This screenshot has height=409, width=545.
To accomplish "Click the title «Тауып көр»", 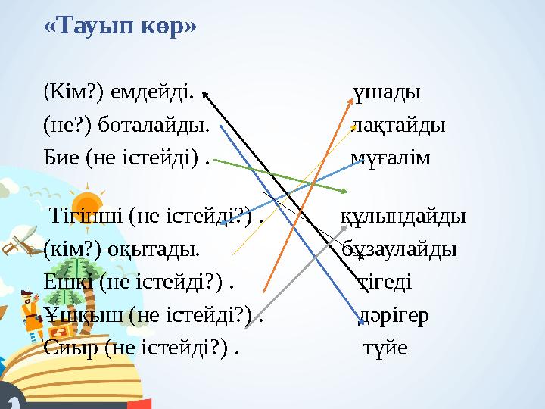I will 120,24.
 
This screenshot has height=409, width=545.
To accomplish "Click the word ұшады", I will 388,92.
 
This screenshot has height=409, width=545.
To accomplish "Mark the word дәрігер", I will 393,315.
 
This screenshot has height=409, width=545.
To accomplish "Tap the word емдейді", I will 152,92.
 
